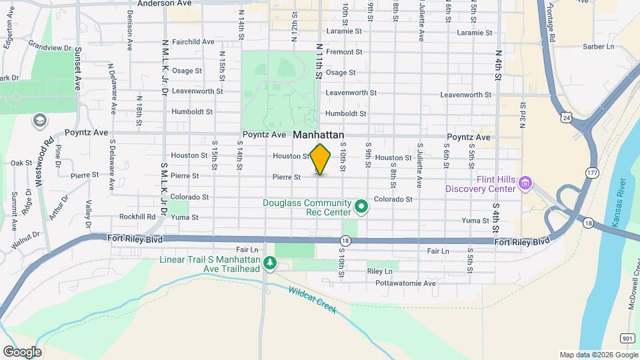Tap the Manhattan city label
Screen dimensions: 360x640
(x=319, y=135)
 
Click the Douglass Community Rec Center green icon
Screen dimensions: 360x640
(x=361, y=207)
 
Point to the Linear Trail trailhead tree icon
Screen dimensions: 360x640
(x=270, y=264)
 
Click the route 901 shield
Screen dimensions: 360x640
(x=627, y=339)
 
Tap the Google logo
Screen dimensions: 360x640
(x=22, y=351)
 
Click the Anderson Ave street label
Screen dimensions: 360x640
(x=164, y=3)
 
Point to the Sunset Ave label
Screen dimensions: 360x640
(x=78, y=69)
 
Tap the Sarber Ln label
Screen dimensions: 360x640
(x=598, y=47)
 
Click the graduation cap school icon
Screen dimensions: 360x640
(x=39, y=121)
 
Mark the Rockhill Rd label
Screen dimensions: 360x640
(x=137, y=217)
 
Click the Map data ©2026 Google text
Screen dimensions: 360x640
(x=597, y=355)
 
